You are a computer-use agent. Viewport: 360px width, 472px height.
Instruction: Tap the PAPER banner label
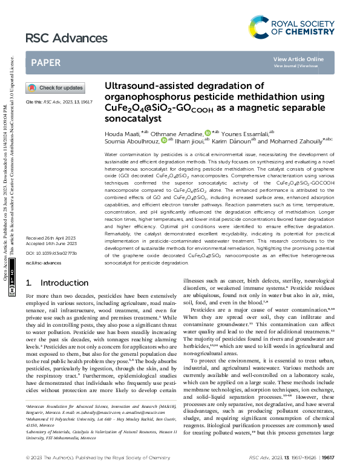point(45,62)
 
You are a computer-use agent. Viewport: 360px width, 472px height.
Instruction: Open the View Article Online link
point(298,59)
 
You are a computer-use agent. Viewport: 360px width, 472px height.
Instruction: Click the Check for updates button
point(54,88)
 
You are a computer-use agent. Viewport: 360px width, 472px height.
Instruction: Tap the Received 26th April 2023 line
point(51,239)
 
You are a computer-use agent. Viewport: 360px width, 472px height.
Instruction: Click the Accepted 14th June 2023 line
point(51,244)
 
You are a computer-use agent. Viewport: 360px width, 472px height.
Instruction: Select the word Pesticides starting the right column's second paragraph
point(204,309)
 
